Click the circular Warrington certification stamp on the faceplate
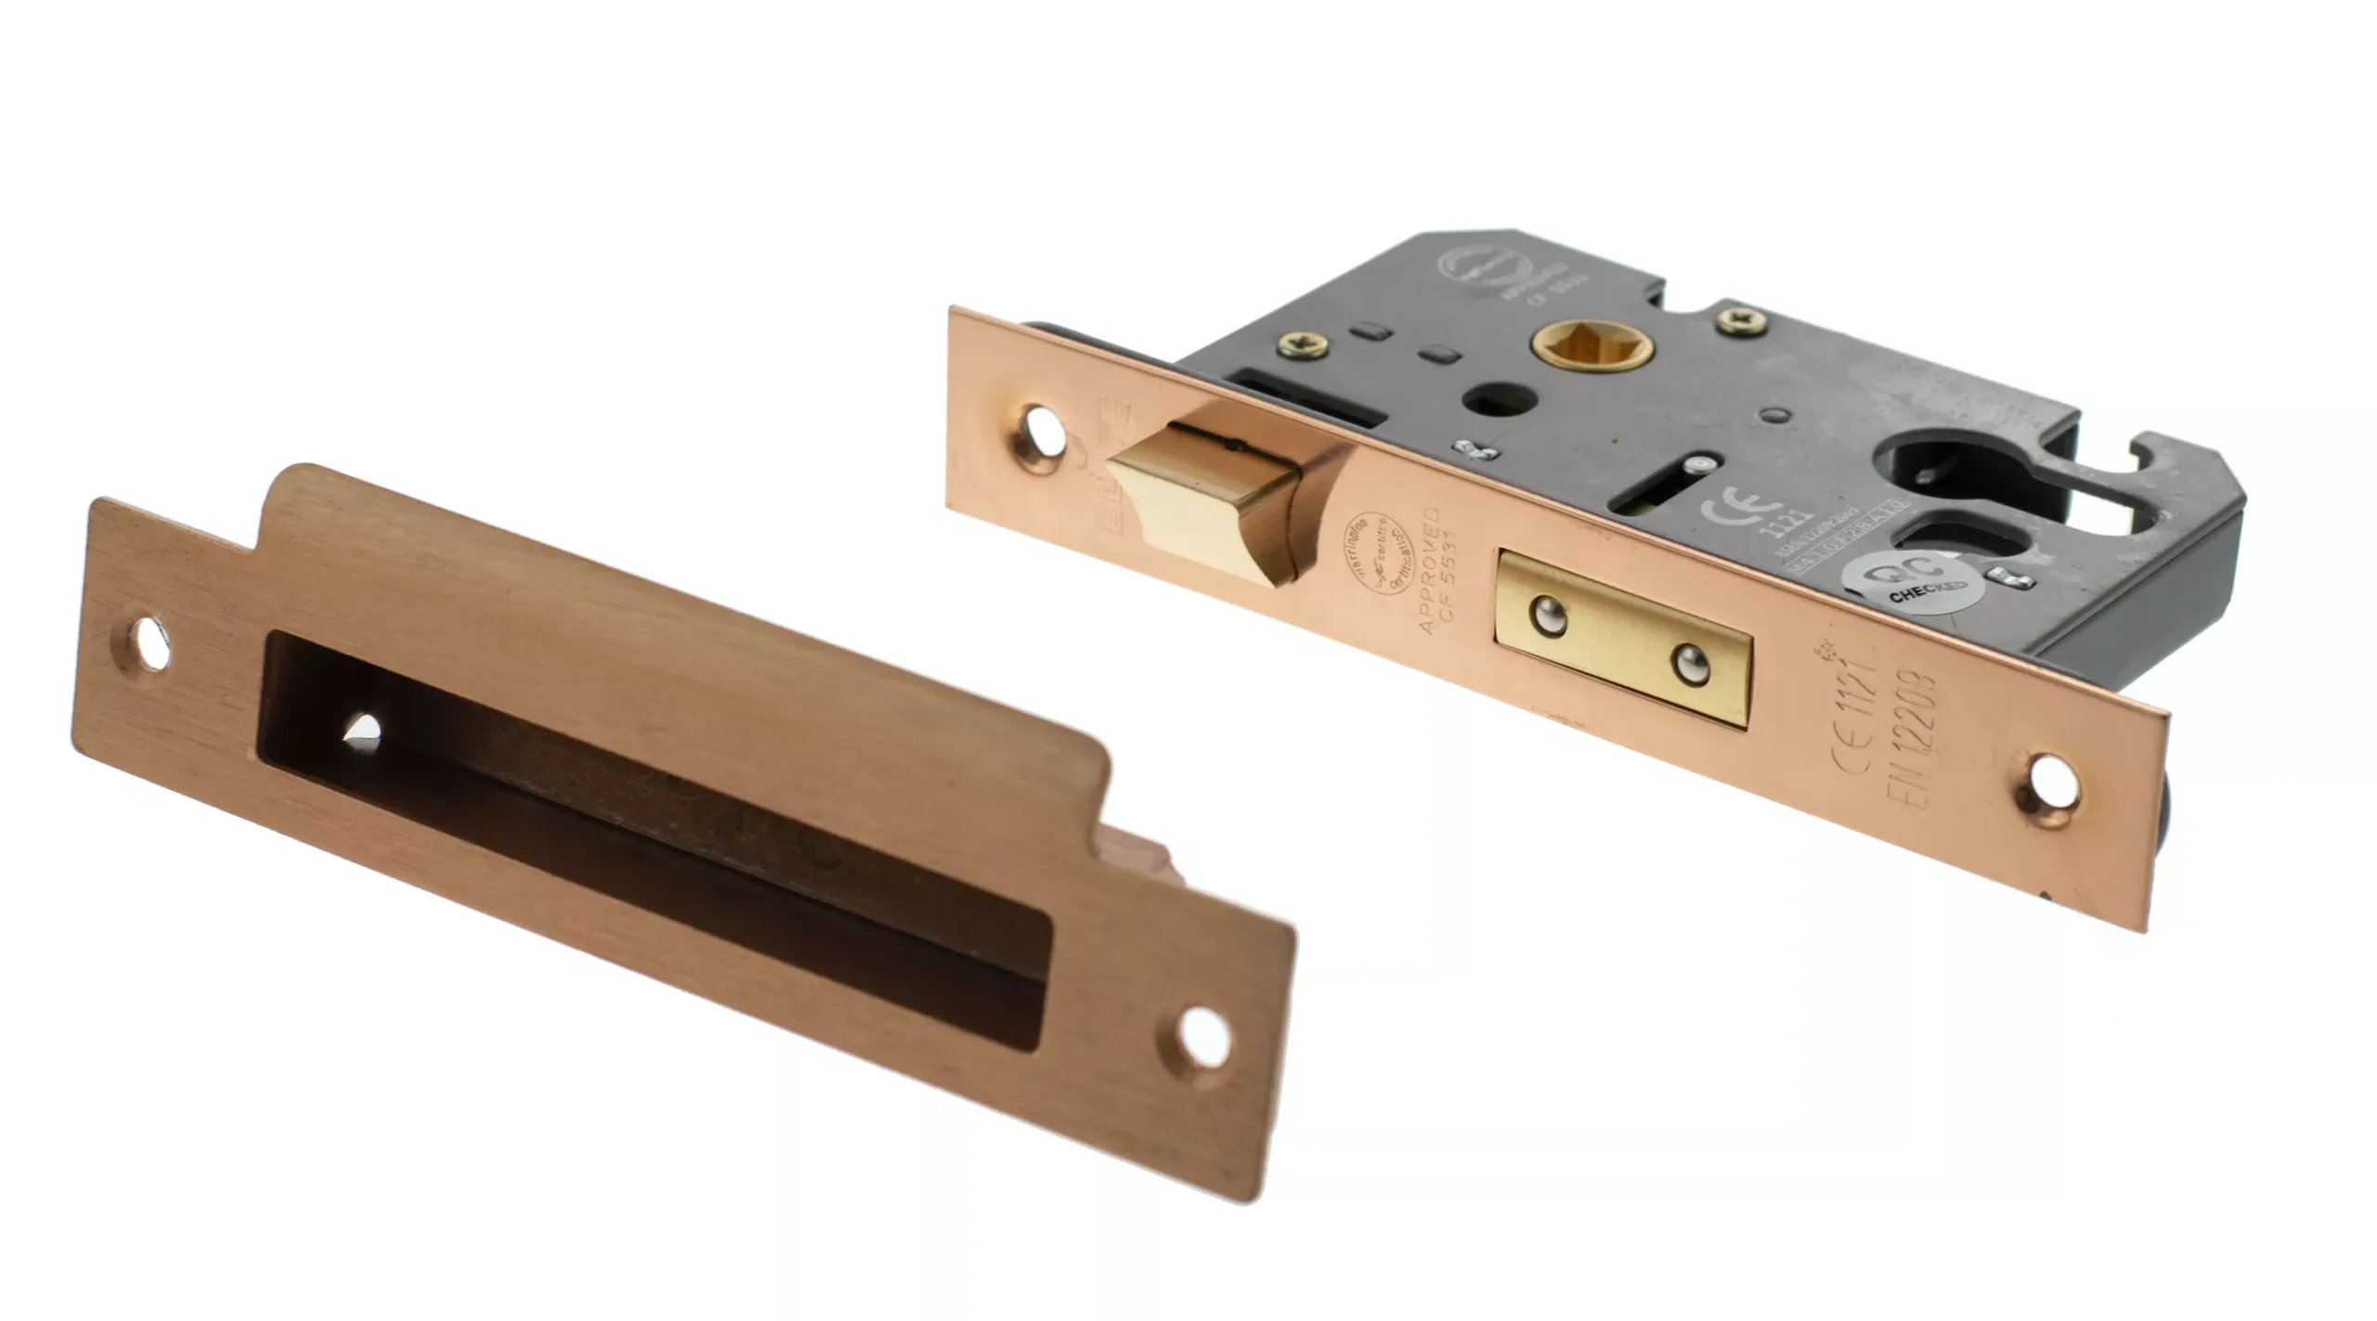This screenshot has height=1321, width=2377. pos(1377,552)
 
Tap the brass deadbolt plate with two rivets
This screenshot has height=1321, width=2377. pos(1623,638)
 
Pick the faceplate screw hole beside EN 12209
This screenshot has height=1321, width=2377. pos(2053,782)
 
